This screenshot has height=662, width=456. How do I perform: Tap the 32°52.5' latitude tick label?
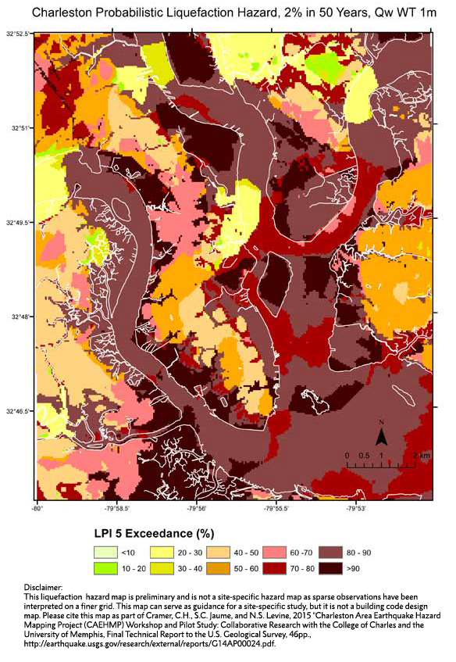point(16,34)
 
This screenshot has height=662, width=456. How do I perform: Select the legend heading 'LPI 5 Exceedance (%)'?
point(150,534)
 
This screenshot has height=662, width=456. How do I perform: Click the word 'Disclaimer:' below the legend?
point(37,587)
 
